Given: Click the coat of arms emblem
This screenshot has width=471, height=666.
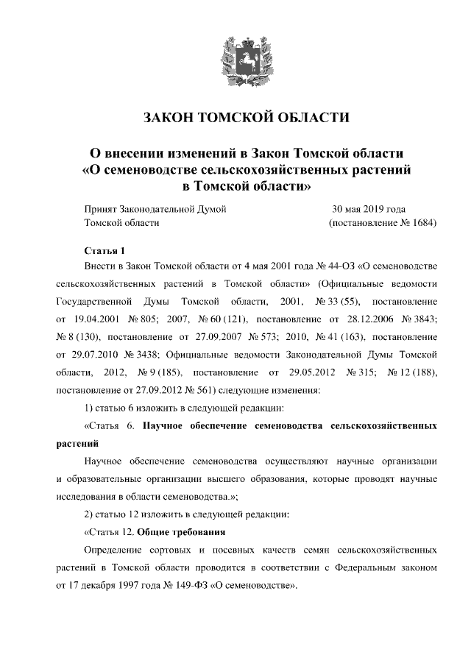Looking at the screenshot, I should click(235, 56).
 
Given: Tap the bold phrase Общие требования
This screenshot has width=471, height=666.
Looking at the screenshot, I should click(181, 531).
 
